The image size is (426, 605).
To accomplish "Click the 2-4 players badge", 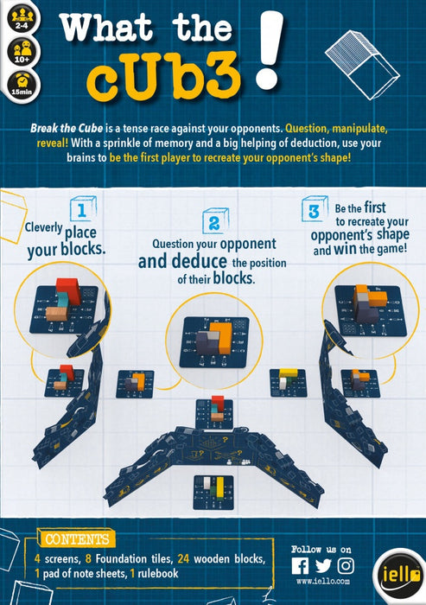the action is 22,18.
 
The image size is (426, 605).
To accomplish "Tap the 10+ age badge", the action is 22,52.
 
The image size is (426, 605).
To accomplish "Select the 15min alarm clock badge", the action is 22,86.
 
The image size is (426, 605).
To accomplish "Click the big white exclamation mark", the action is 269,49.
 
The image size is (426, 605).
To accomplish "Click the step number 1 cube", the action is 83,209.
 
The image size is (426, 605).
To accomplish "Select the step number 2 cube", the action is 215,221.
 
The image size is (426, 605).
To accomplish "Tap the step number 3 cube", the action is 314,209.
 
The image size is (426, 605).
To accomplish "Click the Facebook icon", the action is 300,566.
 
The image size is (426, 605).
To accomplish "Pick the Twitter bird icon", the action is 323,566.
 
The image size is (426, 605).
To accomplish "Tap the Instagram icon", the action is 346,566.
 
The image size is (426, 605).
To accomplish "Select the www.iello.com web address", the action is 323,582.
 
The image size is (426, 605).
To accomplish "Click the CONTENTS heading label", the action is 77,539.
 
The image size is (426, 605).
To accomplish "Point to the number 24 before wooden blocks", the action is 183,558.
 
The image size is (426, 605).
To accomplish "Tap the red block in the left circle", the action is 69,290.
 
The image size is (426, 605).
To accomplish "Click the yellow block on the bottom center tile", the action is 220,488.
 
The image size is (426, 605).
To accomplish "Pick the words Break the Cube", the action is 67,128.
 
